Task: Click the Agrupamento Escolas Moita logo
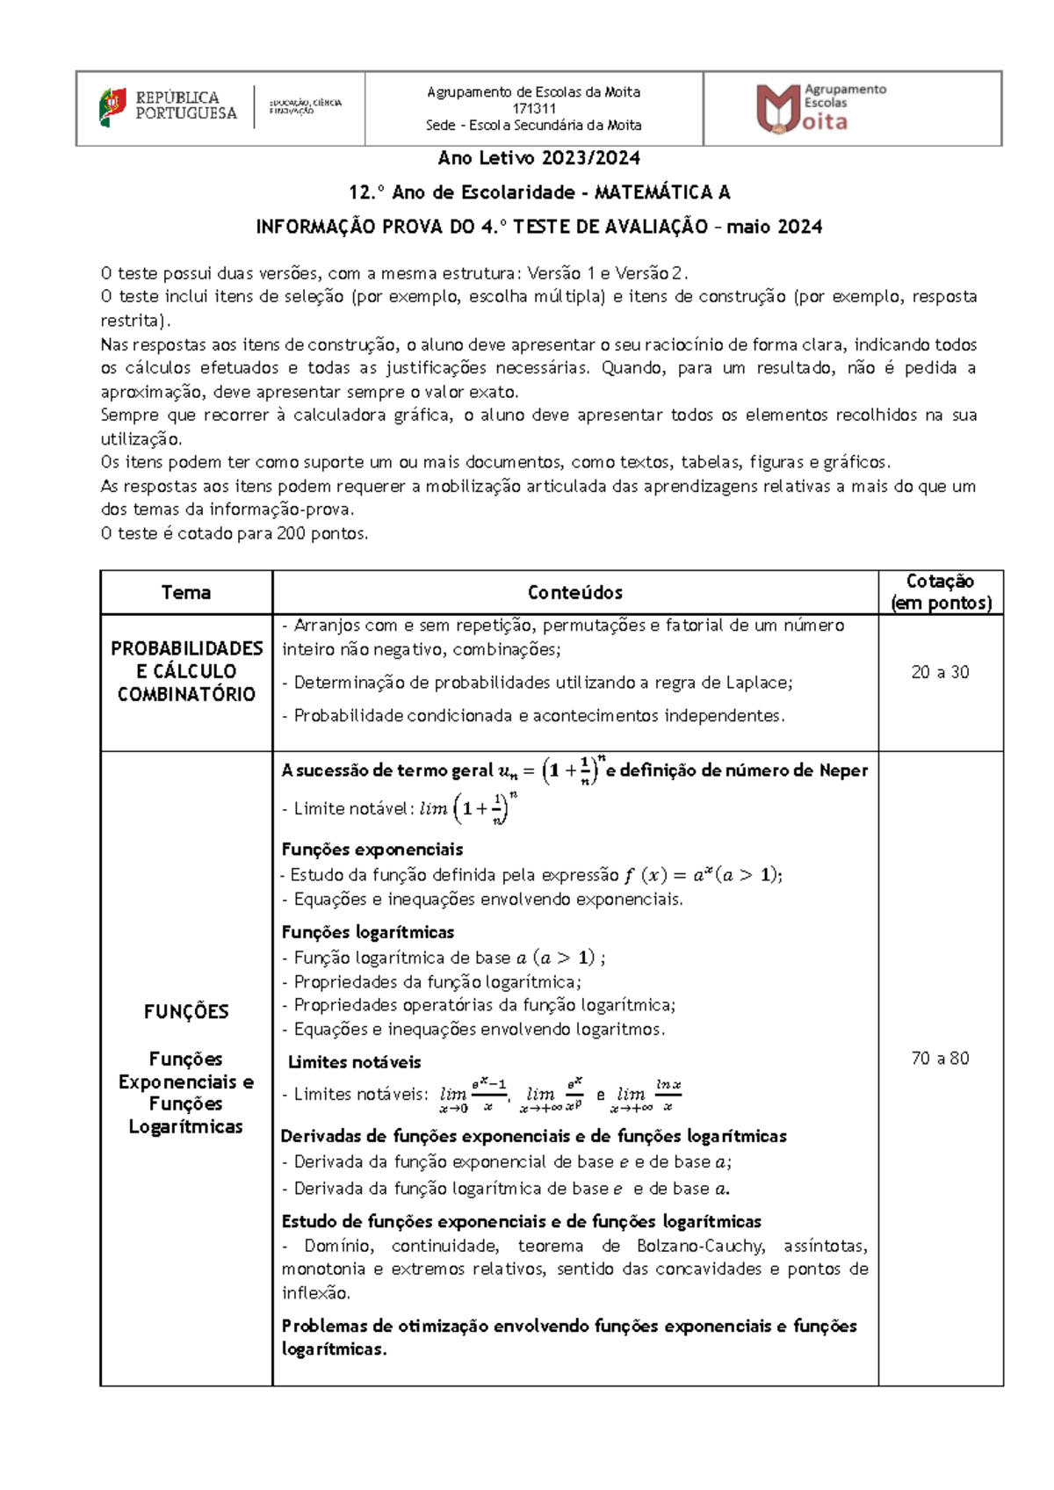pyautogui.click(x=821, y=109)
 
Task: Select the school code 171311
pyautogui.click(x=534, y=109)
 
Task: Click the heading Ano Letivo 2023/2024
pyautogui.click(x=538, y=158)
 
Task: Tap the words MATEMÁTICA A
pyautogui.click(x=662, y=192)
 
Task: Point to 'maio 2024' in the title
pyautogui.click(x=775, y=227)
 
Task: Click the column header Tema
pyautogui.click(x=186, y=593)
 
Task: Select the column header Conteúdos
pyautogui.click(x=575, y=593)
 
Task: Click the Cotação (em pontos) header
pyautogui.click(x=940, y=592)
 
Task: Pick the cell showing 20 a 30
pyautogui.click(x=940, y=672)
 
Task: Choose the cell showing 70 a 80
pyautogui.click(x=940, y=1059)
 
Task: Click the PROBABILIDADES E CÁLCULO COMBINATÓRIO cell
pyautogui.click(x=186, y=671)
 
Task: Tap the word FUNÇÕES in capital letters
pyautogui.click(x=186, y=1012)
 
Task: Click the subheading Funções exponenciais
pyautogui.click(x=372, y=850)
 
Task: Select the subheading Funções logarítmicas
pyautogui.click(x=368, y=932)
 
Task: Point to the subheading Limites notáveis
pyautogui.click(x=355, y=1062)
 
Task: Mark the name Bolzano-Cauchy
pyautogui.click(x=700, y=1246)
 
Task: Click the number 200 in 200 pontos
pyautogui.click(x=291, y=533)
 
